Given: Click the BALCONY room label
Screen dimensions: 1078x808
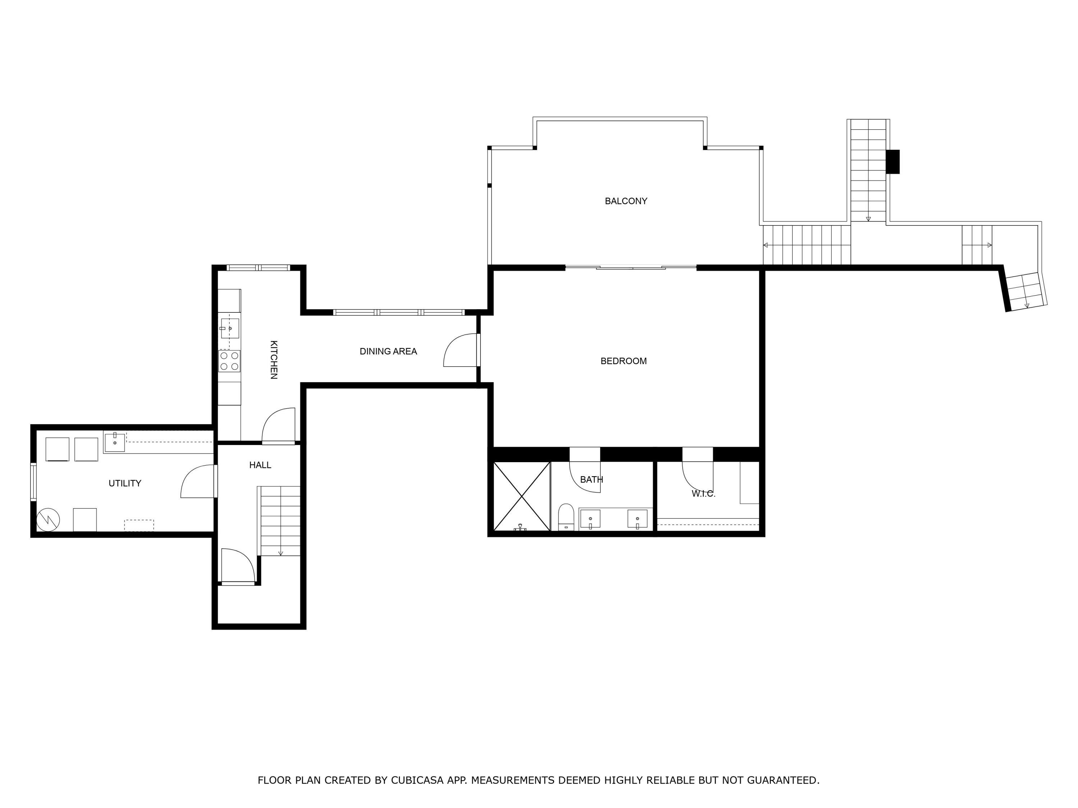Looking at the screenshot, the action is pos(626,201).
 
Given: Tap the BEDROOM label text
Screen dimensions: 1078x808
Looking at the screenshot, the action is pos(623,361).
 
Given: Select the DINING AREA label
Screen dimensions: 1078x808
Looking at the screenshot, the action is pos(388,351).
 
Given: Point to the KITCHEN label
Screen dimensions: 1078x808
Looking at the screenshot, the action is pos(274,359).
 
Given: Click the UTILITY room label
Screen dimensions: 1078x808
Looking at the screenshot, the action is pos(125,483).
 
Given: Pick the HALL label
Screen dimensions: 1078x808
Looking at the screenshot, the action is pos(260,465).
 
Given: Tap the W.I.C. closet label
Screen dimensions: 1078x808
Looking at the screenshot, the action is pos(703,494).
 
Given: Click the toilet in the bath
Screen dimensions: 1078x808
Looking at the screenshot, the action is pos(566,517).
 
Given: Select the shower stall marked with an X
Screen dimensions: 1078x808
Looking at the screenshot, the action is pos(521,496).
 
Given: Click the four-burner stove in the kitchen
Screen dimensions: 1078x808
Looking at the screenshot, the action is pos(229,361).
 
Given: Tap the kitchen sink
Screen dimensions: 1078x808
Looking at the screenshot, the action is pos(230,328).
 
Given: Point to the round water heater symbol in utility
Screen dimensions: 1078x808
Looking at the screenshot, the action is pos(48,520).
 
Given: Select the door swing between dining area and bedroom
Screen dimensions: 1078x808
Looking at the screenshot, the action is pos(460,350).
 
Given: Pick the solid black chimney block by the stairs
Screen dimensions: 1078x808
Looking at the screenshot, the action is pos(892,162).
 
